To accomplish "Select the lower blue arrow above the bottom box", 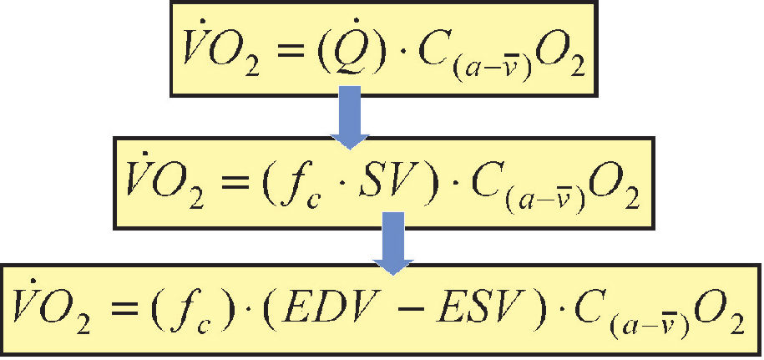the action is [x=392, y=243].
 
